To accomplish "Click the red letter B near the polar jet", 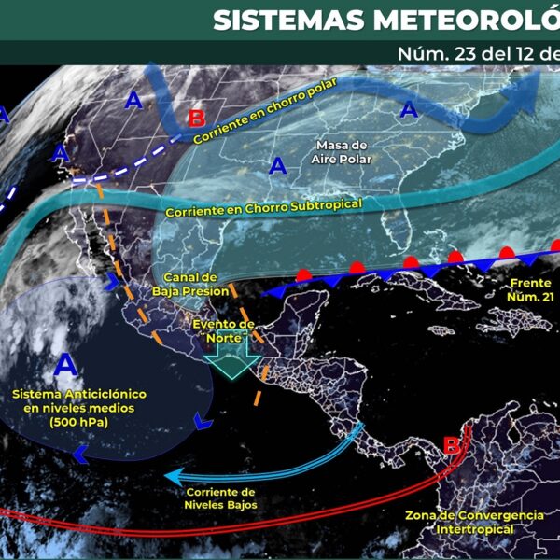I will pos(196,119).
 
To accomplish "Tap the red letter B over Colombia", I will pos(452,445).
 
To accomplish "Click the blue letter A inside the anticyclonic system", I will pos(65,363).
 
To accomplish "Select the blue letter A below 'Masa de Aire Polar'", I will pos(276,167).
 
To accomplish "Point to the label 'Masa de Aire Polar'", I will pos(341,152).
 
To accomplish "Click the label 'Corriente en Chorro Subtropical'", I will pos(263,206).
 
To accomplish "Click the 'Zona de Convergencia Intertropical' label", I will pos(474,522).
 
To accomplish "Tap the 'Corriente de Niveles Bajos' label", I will pos(221,497).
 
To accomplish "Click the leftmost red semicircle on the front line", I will pos(303,274).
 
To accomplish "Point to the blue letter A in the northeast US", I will pos(408,111).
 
